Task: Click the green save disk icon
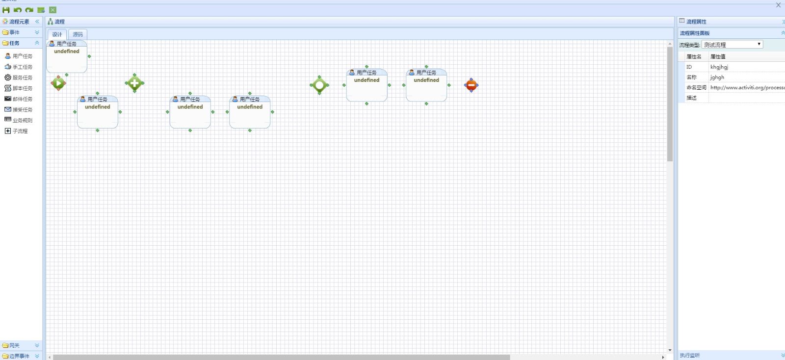coord(6,10)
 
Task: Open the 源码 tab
coord(78,34)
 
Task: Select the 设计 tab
coord(57,34)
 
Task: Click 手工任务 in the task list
coord(22,67)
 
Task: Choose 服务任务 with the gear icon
coord(22,77)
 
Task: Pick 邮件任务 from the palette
coord(22,99)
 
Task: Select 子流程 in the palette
coord(20,131)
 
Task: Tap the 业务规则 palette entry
coord(22,120)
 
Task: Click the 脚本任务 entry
coord(22,88)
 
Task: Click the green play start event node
coord(58,83)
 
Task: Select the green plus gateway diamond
coord(134,83)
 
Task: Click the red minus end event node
coord(471,85)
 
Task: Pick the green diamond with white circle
coord(319,85)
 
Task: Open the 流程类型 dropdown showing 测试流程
coord(733,45)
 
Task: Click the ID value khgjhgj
coord(719,67)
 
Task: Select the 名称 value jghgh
coord(717,77)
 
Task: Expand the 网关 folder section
coord(20,345)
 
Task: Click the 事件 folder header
coord(20,32)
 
